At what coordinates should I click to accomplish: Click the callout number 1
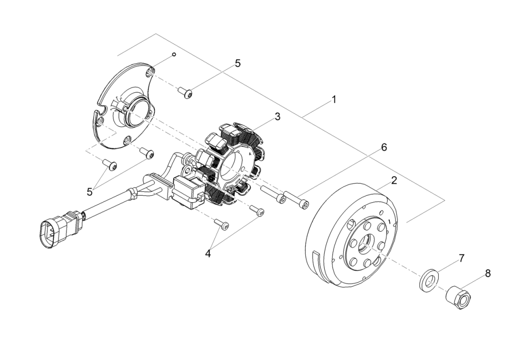334,99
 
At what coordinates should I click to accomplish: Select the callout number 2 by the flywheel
394,180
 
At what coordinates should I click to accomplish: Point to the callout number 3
278,116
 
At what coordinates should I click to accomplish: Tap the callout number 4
208,253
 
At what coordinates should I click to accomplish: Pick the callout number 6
384,147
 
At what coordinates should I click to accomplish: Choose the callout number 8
488,273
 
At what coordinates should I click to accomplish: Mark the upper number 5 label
237,63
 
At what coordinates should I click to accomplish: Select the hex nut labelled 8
458,298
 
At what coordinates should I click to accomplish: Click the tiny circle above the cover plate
173,54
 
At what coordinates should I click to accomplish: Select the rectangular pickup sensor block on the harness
188,189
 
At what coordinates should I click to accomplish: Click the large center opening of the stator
231,165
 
